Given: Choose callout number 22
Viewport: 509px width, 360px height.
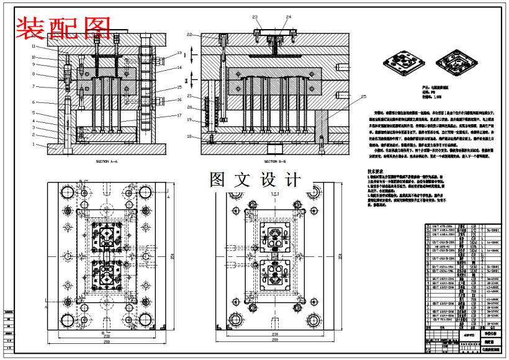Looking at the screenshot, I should [189, 34].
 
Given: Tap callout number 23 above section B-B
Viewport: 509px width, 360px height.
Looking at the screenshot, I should [254, 17].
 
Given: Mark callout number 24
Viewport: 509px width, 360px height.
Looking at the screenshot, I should [289, 17].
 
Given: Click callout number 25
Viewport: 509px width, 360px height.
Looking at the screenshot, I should [364, 96].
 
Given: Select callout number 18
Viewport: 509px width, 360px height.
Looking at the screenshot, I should [189, 136].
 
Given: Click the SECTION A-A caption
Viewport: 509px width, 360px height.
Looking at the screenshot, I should [107, 161].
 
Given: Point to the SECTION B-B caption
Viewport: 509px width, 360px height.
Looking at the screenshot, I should [274, 161].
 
